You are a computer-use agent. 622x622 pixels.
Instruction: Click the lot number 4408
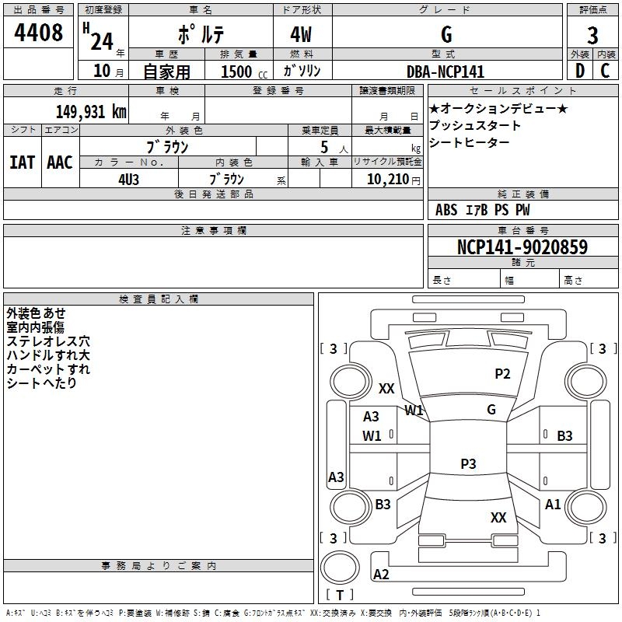pyautogui.click(x=38, y=33)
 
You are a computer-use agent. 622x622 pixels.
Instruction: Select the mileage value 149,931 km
pyautogui.click(x=91, y=112)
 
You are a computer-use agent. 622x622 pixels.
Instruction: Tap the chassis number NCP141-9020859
pyautogui.click(x=522, y=246)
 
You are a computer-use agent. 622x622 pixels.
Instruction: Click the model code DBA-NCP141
pyautogui.click(x=446, y=72)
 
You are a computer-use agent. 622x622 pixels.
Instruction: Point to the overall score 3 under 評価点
pyautogui.click(x=592, y=36)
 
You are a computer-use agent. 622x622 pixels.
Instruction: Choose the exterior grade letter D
pyautogui.click(x=580, y=71)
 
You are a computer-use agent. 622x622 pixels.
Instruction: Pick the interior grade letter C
pyautogui.click(x=605, y=71)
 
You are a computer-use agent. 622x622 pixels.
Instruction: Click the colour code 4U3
pyautogui.click(x=128, y=180)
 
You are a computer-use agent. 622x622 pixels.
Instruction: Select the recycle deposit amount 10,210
pyautogui.click(x=388, y=180)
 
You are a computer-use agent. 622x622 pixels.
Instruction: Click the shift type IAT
pyautogui.click(x=22, y=162)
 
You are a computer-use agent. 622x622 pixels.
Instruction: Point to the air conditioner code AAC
pyautogui.click(x=60, y=162)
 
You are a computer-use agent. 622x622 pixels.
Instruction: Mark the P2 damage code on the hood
pyautogui.click(x=502, y=374)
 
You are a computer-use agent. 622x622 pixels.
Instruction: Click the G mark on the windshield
pyautogui.click(x=491, y=410)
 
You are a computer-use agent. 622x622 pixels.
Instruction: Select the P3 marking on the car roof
pyautogui.click(x=468, y=463)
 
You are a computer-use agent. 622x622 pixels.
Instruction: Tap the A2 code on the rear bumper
pyautogui.click(x=381, y=575)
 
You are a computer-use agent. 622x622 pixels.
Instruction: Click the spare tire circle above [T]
pyautogui.click(x=340, y=568)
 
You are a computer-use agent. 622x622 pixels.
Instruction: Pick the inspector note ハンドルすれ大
pyautogui.click(x=48, y=355)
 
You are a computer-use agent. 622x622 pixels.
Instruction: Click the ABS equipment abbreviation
pyautogui.click(x=446, y=210)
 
